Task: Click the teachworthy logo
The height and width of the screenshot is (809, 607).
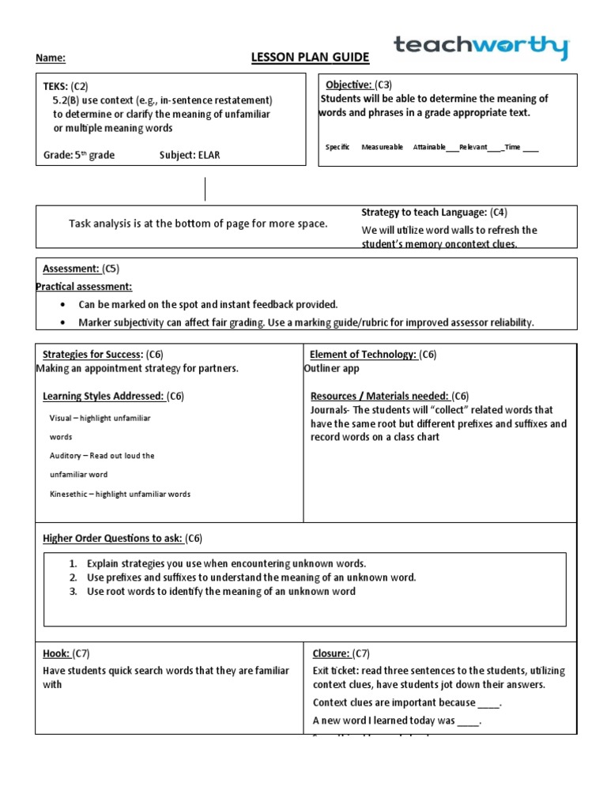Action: [481, 47]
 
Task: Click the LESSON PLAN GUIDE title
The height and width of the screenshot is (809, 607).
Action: [298, 58]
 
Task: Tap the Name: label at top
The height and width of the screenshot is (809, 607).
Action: [50, 58]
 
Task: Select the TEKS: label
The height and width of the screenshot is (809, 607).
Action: [55, 85]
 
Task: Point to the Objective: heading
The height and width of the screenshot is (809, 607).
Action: [349, 85]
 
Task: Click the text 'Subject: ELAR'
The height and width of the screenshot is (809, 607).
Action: [190, 155]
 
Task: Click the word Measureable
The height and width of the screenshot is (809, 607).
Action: [382, 147]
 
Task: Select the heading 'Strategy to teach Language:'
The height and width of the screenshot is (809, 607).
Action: [424, 213]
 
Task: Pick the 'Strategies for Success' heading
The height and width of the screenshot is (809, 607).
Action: [92, 355]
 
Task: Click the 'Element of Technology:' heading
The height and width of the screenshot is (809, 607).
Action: [363, 355]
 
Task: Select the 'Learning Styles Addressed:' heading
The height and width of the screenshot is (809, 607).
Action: [103, 396]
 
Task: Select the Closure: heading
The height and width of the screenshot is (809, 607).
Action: [330, 653]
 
